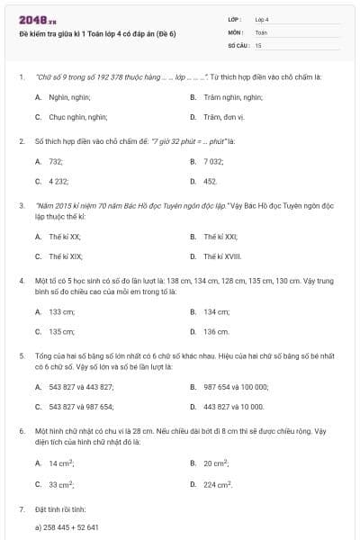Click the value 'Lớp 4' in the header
click(262, 19)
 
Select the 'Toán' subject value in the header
click(261, 31)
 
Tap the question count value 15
click(258, 44)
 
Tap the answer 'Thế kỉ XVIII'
click(224, 257)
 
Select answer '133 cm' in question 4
click(62, 311)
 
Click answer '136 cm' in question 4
click(216, 332)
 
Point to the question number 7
click(21, 510)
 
